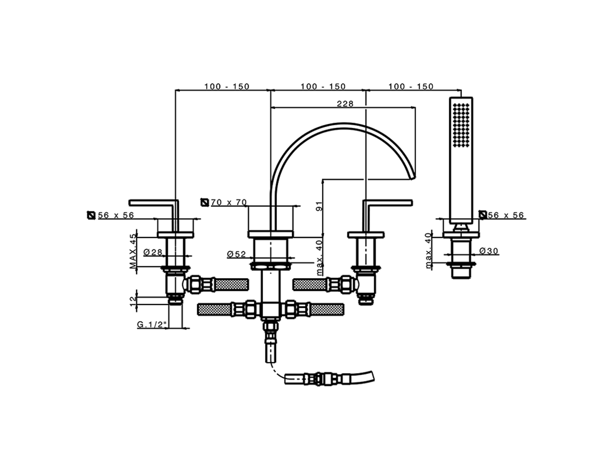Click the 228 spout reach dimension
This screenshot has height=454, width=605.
(345, 104)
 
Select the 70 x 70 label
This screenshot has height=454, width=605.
(229, 202)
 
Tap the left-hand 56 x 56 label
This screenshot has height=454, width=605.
(116, 215)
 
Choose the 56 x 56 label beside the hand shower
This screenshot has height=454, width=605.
(506, 215)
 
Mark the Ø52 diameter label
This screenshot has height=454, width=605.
(236, 254)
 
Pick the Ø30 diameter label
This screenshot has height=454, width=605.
(489, 251)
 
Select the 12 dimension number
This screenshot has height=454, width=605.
(133, 299)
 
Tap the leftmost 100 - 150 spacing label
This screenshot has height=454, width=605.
(226, 87)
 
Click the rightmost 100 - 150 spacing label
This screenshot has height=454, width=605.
(411, 87)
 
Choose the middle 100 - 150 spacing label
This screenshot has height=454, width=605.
(323, 87)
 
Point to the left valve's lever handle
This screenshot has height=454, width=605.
(154, 203)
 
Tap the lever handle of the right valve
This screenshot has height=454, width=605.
(388, 203)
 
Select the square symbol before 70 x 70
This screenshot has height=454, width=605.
(205, 202)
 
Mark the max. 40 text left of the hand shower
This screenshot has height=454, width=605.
(428, 251)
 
